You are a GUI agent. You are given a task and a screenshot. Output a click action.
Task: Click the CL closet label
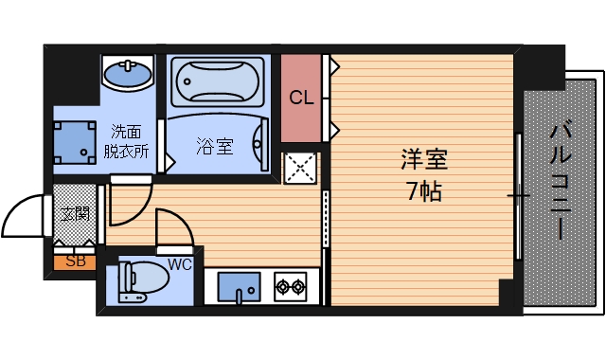301,98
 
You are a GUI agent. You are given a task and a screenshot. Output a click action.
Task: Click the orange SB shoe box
74,262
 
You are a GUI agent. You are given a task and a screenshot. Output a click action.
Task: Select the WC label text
181,264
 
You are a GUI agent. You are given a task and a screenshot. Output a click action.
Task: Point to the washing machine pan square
74,140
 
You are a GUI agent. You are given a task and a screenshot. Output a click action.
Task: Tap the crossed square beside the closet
302,168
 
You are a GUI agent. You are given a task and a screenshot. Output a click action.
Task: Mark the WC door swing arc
174,230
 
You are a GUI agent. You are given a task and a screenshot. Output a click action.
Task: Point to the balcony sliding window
518,196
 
